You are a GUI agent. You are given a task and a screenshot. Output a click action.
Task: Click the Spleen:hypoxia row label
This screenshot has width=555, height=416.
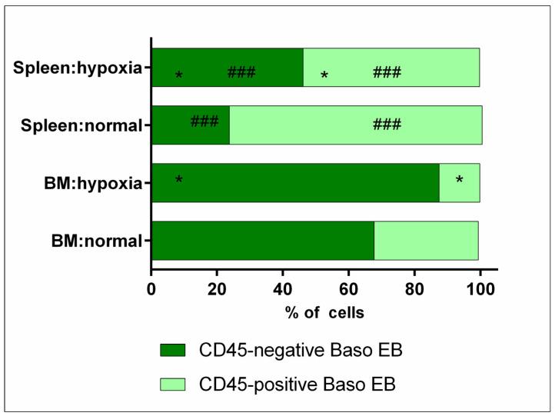[78, 67]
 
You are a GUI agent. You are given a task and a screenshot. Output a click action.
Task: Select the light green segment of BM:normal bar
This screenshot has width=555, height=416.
[426, 241]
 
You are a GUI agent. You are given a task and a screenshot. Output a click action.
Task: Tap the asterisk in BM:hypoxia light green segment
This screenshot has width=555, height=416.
[459, 181]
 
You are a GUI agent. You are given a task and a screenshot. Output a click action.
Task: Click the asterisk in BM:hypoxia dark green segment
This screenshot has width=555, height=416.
[179, 181]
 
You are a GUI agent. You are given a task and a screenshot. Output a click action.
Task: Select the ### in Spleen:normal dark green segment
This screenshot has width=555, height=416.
[204, 121]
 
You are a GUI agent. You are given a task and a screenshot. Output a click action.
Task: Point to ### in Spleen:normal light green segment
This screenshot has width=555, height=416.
[387, 125]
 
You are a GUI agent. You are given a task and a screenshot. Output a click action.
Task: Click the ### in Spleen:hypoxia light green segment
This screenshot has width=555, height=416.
[387, 73]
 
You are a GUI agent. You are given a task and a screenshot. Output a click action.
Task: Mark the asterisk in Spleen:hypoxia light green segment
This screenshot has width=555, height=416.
[324, 76]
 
